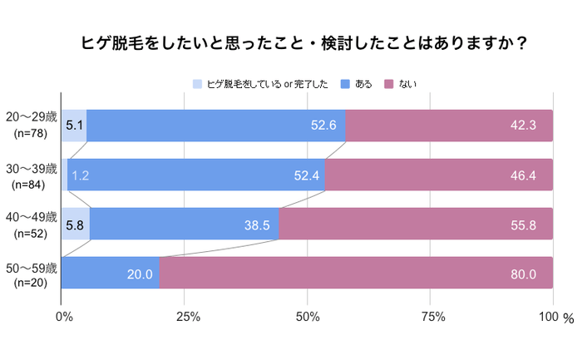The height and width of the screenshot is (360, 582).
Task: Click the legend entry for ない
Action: pyautogui.click(x=404, y=84)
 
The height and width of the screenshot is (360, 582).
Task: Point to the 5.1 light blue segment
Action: pyautogui.click(x=74, y=126)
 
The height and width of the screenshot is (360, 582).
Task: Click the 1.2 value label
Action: pyautogui.click(x=81, y=175)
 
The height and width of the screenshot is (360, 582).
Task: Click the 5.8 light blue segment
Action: pyautogui.click(x=75, y=224)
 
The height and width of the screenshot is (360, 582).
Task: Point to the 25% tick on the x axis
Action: pyautogui.click(x=187, y=317)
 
